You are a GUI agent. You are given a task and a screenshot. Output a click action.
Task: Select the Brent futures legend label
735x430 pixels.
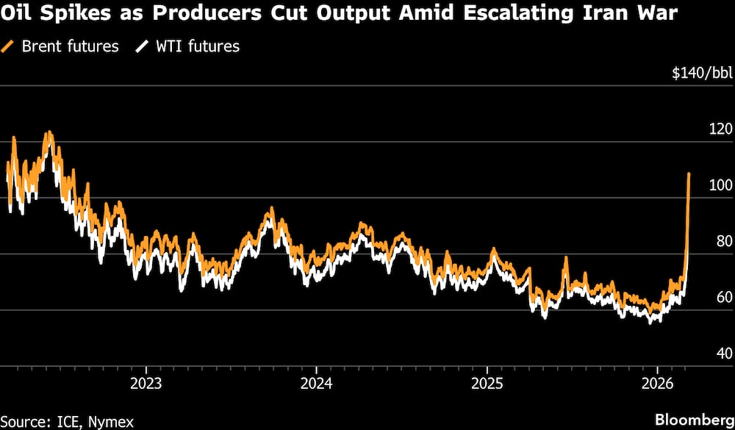click(70, 46)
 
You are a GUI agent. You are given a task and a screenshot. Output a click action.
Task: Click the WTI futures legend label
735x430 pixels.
click(196, 46)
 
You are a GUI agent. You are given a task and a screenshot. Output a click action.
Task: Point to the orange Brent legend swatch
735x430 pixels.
click(9, 46)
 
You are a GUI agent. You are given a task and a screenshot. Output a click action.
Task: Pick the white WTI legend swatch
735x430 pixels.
click(141, 46)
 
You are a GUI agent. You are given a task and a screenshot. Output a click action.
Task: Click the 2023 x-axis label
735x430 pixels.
click(146, 384)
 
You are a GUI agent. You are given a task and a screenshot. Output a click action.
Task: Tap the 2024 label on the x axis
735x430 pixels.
click(316, 384)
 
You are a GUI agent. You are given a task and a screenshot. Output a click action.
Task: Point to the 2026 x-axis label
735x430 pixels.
click(656, 384)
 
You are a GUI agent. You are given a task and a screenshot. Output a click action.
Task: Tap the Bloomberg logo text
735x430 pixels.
click(692, 420)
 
